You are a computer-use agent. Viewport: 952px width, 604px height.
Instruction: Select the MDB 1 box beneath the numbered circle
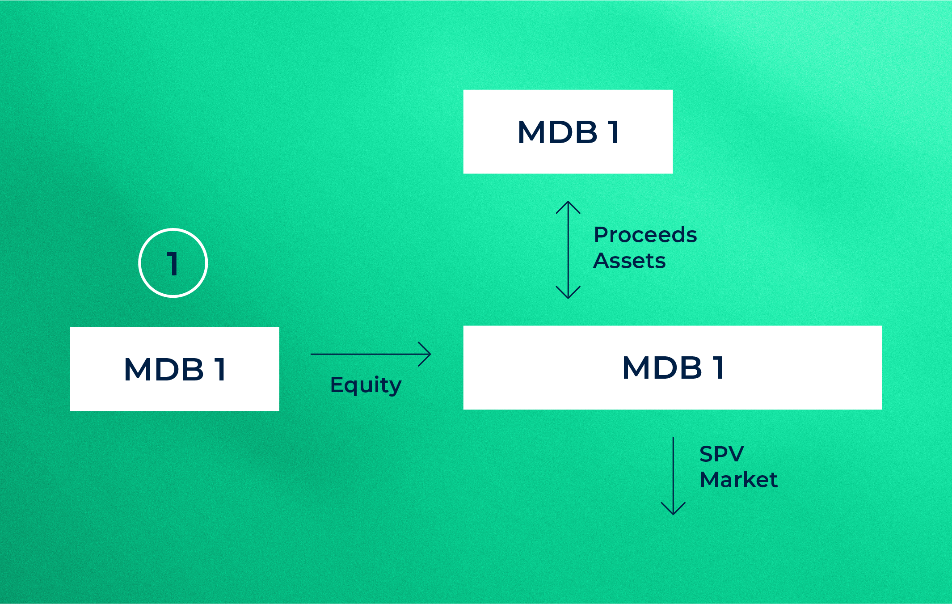pos(174,369)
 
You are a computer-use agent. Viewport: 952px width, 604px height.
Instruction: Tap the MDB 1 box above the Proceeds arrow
pos(568,131)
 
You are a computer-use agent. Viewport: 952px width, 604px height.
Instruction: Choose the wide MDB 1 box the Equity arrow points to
pos(672,367)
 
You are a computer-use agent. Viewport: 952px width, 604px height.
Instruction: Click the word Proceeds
pos(645,235)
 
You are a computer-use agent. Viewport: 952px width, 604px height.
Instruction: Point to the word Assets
pos(629,261)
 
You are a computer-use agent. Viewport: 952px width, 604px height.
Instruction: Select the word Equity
pos(366,385)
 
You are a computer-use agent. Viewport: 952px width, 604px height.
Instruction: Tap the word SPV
pos(721,454)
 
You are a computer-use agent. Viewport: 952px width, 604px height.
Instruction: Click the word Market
pos(738,480)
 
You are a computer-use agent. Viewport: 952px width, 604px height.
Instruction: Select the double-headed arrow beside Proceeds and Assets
pos(568,249)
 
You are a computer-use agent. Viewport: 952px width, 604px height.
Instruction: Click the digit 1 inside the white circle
pos(173,264)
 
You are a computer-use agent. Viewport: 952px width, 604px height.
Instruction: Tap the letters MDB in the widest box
pos(662,368)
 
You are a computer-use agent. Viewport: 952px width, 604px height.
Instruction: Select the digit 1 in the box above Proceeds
pos(613,132)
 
